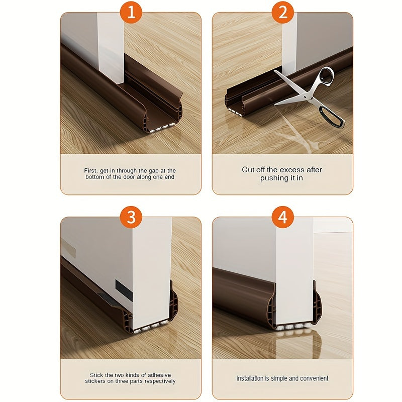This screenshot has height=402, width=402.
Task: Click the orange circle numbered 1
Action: click(131, 12)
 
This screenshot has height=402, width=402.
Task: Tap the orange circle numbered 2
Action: click(282, 12)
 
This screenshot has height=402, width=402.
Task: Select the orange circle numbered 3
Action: click(131, 217)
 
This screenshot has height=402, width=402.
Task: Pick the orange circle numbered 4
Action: click(282, 217)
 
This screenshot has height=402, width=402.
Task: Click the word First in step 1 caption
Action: click(91, 171)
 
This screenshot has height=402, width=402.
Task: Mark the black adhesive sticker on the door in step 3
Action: click(124, 290)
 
